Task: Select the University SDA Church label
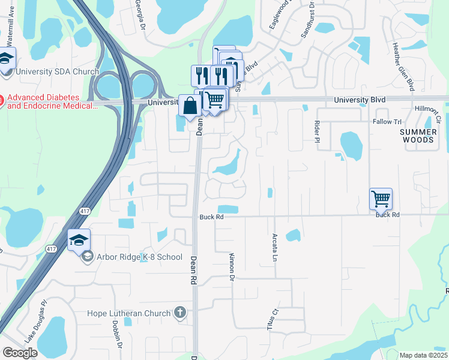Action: (x=57, y=72)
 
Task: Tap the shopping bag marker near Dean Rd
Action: (x=190, y=106)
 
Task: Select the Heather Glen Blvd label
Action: (x=403, y=67)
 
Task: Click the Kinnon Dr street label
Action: (x=232, y=266)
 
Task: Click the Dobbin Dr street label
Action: (x=118, y=340)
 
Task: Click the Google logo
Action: (x=20, y=353)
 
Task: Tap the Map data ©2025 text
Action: (x=424, y=355)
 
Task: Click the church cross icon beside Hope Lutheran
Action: (x=179, y=313)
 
